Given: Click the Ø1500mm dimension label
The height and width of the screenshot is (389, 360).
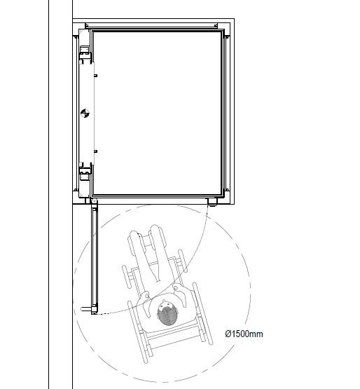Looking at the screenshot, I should click(x=244, y=334).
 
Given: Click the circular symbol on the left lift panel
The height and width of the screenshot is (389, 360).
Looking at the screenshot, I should click(x=85, y=114).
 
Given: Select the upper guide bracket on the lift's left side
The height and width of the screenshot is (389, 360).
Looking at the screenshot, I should click(x=85, y=53).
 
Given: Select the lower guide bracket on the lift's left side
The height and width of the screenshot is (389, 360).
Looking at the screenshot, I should click(x=85, y=169).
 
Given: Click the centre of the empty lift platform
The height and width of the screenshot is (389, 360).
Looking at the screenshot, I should click(x=158, y=112).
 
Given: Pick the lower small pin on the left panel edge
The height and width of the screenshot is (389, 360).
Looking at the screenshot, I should click(x=95, y=151).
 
